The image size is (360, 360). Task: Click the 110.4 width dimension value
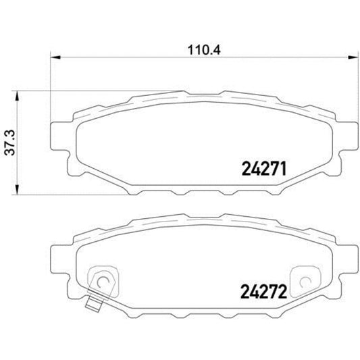click(199, 49)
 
